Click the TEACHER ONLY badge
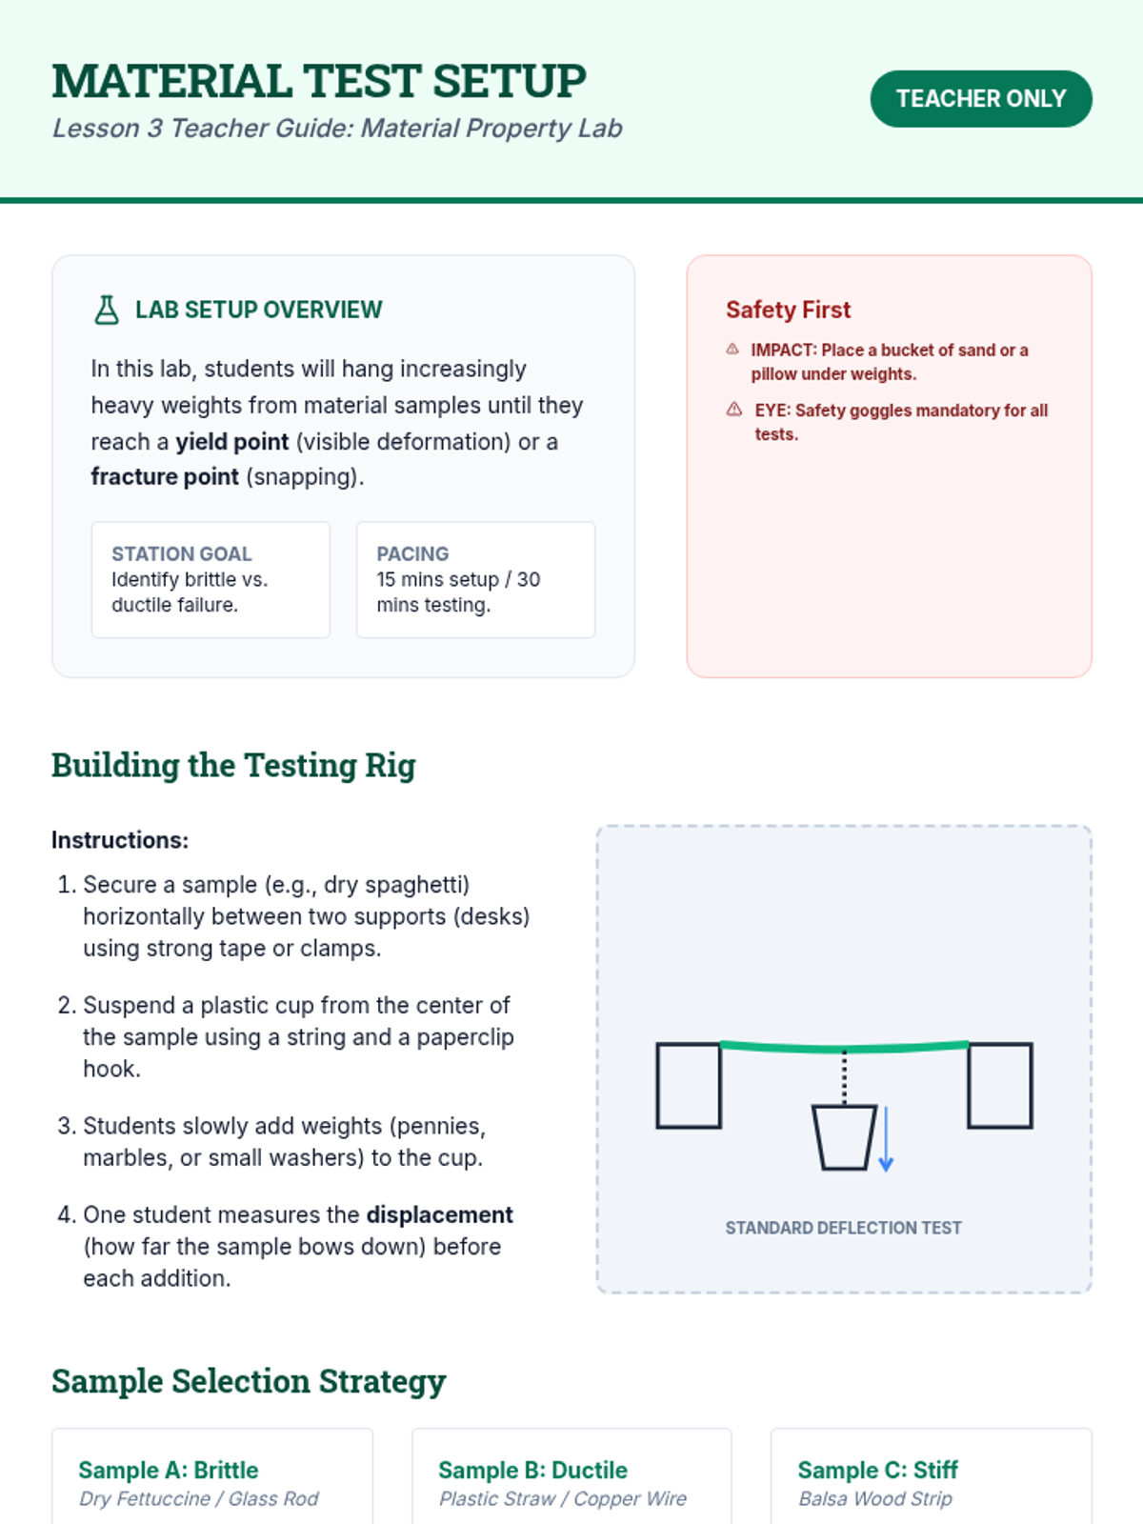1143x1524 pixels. point(980,99)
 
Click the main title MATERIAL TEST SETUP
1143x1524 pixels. point(319,81)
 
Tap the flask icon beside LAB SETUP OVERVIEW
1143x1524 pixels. point(107,311)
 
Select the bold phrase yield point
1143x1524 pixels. point(231,442)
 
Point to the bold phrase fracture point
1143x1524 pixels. point(164,477)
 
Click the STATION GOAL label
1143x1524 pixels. point(181,554)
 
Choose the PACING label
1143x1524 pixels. point(412,554)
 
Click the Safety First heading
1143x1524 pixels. point(788,311)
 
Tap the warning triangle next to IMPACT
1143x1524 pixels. point(732,350)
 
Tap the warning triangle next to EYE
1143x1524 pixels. point(734,410)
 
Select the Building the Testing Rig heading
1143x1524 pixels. point(233,766)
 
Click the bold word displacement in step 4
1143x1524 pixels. point(439,1215)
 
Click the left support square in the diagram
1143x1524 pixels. point(689,1086)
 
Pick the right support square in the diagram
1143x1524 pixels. point(1000,1086)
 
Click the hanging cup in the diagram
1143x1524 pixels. point(844,1136)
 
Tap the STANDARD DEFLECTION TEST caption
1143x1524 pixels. point(843,1229)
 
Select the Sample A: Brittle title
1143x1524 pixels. point(169,1471)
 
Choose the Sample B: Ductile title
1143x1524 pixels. point(532,1471)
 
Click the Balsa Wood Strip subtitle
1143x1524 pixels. point(875,1499)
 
